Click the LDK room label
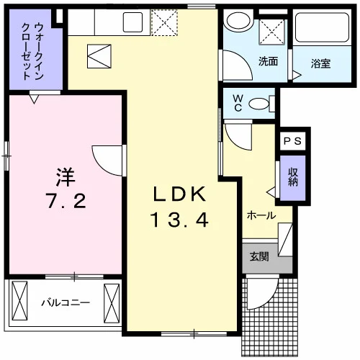(179, 194)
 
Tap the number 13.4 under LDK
(179, 220)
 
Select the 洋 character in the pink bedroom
(66, 177)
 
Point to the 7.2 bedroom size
(66, 201)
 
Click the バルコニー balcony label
(66, 302)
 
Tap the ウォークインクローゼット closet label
(32, 51)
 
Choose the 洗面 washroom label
(268, 61)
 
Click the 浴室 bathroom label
(320, 63)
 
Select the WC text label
(238, 103)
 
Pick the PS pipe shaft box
(293, 141)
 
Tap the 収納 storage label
(293, 177)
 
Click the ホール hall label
(261, 215)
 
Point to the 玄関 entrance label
(259, 257)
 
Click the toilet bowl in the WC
(258, 104)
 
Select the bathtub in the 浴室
(322, 27)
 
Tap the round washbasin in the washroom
(239, 20)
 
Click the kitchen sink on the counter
(132, 22)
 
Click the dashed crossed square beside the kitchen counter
(164, 23)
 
